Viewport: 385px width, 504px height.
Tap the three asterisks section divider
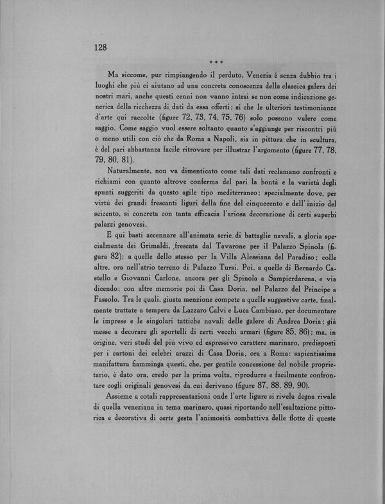[x=215, y=62]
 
